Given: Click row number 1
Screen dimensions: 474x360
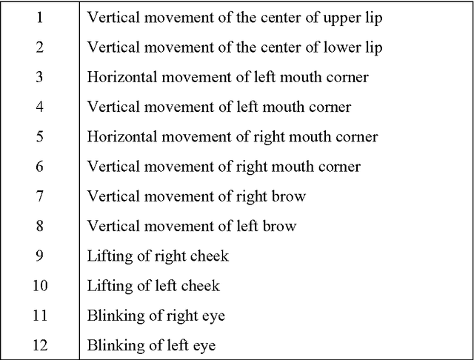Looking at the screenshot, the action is point(39,18).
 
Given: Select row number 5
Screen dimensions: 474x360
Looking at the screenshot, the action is point(39,136).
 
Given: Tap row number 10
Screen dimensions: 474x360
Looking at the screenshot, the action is point(40,286).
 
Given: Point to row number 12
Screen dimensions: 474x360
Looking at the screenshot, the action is point(40,345).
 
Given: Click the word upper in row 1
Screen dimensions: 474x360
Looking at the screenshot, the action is point(342,19).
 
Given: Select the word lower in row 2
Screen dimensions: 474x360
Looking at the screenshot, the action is point(342,47).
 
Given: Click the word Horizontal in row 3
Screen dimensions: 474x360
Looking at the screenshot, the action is point(122,77).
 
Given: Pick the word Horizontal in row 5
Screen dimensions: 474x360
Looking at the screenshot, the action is point(122,136).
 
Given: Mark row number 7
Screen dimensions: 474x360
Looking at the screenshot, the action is point(39,196).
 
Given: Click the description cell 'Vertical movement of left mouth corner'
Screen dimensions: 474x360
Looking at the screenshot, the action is point(219,107).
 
